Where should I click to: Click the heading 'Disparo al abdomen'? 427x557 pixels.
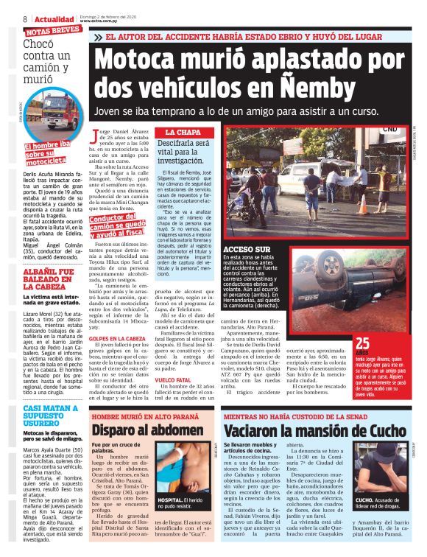tap(142, 430)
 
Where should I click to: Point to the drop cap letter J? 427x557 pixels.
tap(94, 135)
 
